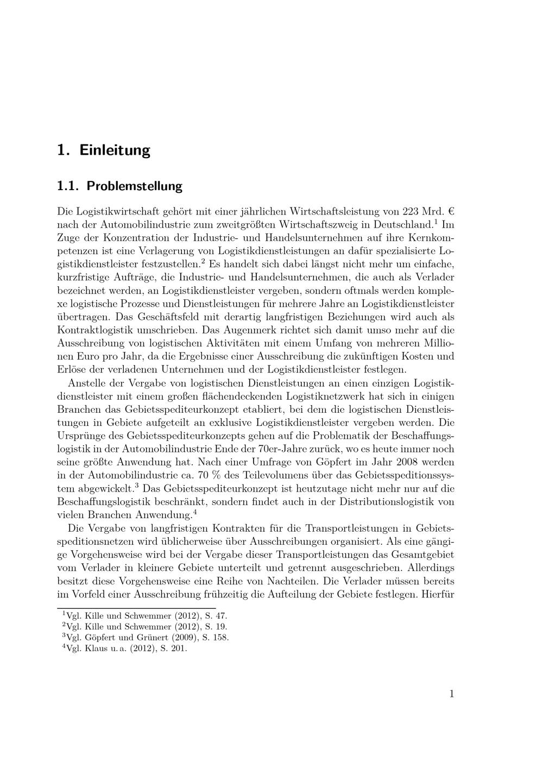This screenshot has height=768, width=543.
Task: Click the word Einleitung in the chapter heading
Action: pyautogui.click(x=115, y=150)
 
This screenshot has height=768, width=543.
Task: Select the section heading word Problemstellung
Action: pyautogui.click(x=135, y=186)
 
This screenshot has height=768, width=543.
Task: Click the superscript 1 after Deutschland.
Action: pyautogui.click(x=436, y=222)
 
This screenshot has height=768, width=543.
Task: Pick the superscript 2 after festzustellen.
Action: pyautogui.click(x=203, y=261)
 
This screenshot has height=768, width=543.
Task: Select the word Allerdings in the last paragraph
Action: pyautogui.click(x=428, y=568)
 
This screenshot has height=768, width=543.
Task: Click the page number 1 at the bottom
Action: pyautogui.click(x=451, y=694)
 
